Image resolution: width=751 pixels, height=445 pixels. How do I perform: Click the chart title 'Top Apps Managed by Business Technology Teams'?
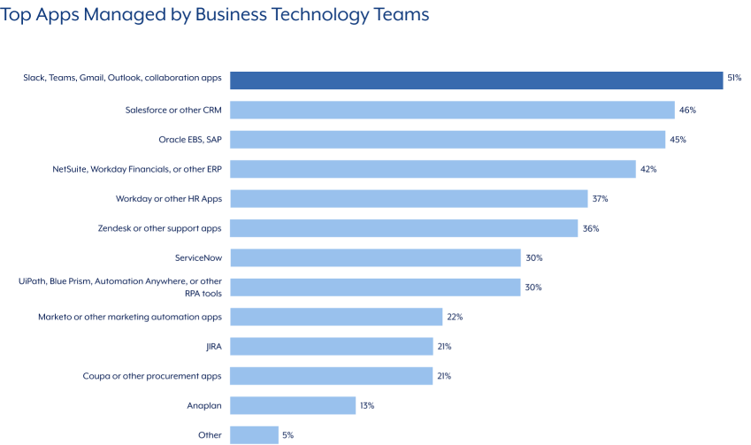coord(215,15)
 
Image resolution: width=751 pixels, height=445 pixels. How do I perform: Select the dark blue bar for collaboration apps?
coord(476,80)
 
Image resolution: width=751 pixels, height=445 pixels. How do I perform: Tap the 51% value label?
coord(733,79)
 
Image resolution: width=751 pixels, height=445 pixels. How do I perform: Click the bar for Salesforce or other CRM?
coord(452,110)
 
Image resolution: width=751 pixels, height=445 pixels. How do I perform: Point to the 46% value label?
coord(688,110)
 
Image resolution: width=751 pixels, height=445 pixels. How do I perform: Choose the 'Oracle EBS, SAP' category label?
coord(183,139)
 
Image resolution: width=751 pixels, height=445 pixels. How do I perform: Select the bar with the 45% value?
coord(447,140)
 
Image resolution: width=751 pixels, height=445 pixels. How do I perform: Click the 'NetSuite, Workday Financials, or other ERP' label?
coord(137,169)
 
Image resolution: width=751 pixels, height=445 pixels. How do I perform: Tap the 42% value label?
coord(648,169)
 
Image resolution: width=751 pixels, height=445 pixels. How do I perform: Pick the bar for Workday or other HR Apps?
coord(409,199)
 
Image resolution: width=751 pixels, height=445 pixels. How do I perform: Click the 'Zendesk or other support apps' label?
coord(159,228)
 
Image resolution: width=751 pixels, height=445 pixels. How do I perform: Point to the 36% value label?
coord(590,228)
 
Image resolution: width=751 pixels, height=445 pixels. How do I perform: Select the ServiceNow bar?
coord(375,257)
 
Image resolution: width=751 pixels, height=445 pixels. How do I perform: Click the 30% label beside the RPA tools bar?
coord(533,288)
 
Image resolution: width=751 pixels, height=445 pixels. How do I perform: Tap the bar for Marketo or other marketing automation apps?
coord(336,317)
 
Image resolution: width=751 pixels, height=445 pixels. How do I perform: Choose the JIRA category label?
coord(212,346)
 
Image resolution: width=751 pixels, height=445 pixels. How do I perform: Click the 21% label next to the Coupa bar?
coord(444,376)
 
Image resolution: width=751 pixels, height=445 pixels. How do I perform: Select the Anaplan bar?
coord(293,405)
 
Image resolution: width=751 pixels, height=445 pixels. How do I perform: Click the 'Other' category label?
coord(210,435)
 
